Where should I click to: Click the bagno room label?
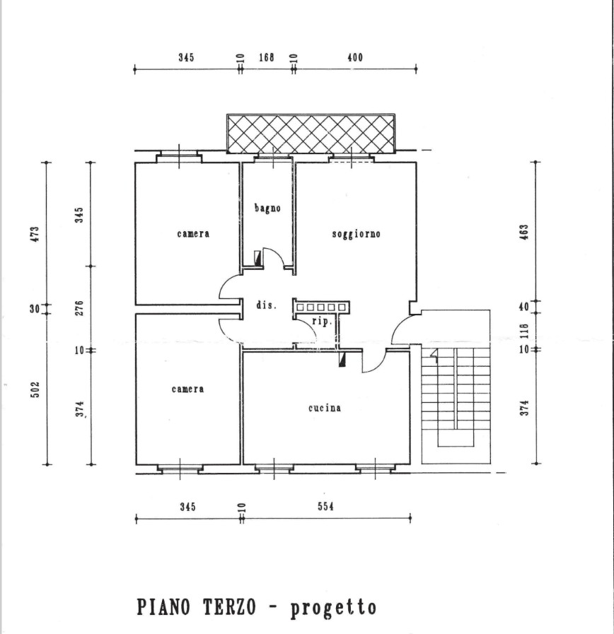267,209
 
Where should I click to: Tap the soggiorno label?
357,234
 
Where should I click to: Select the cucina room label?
325,408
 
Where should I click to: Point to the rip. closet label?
322,322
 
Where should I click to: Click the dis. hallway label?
266,305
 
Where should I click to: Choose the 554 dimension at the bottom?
326,506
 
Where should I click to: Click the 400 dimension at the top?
355,57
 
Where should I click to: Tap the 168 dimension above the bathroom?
267,57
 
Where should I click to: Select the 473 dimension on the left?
35,234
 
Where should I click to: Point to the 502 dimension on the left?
35,389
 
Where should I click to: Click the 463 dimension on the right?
523,232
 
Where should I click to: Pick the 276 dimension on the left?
79,308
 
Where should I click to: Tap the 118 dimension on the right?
523,331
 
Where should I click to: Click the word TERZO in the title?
229,607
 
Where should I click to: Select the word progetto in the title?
333,608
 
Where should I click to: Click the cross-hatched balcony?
311,134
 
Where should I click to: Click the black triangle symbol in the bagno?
257,258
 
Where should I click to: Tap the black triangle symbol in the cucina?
342,360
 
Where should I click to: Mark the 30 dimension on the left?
35,309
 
